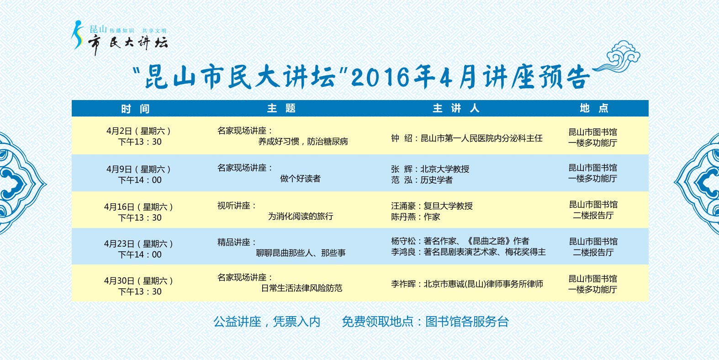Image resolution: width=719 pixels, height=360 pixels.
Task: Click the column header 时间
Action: (135, 109)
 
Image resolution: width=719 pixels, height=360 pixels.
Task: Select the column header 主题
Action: (281, 108)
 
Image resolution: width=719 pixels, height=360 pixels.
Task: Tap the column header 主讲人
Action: (456, 108)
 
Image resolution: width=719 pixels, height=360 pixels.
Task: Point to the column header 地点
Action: (594, 108)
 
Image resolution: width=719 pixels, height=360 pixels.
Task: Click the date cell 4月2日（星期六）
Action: (138, 131)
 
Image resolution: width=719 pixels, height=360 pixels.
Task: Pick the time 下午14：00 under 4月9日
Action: (140, 180)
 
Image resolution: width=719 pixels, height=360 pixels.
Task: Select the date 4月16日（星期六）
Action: (138, 207)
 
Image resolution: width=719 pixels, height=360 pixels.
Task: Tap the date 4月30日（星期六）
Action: (138, 281)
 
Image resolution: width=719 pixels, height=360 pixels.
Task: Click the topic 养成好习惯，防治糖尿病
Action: (303, 142)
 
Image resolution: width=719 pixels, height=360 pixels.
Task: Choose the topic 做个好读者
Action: (300, 179)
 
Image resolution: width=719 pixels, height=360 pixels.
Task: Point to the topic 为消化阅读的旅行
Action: (301, 216)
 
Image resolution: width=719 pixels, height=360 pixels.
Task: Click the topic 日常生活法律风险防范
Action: (301, 288)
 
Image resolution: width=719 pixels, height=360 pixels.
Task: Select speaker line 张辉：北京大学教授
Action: (430, 169)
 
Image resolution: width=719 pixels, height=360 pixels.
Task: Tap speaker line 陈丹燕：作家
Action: (415, 217)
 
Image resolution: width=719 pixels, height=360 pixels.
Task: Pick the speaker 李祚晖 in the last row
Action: (403, 284)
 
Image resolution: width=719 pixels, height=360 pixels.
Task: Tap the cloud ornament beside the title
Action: (618, 58)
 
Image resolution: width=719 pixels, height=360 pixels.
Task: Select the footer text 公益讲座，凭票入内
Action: (267, 322)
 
